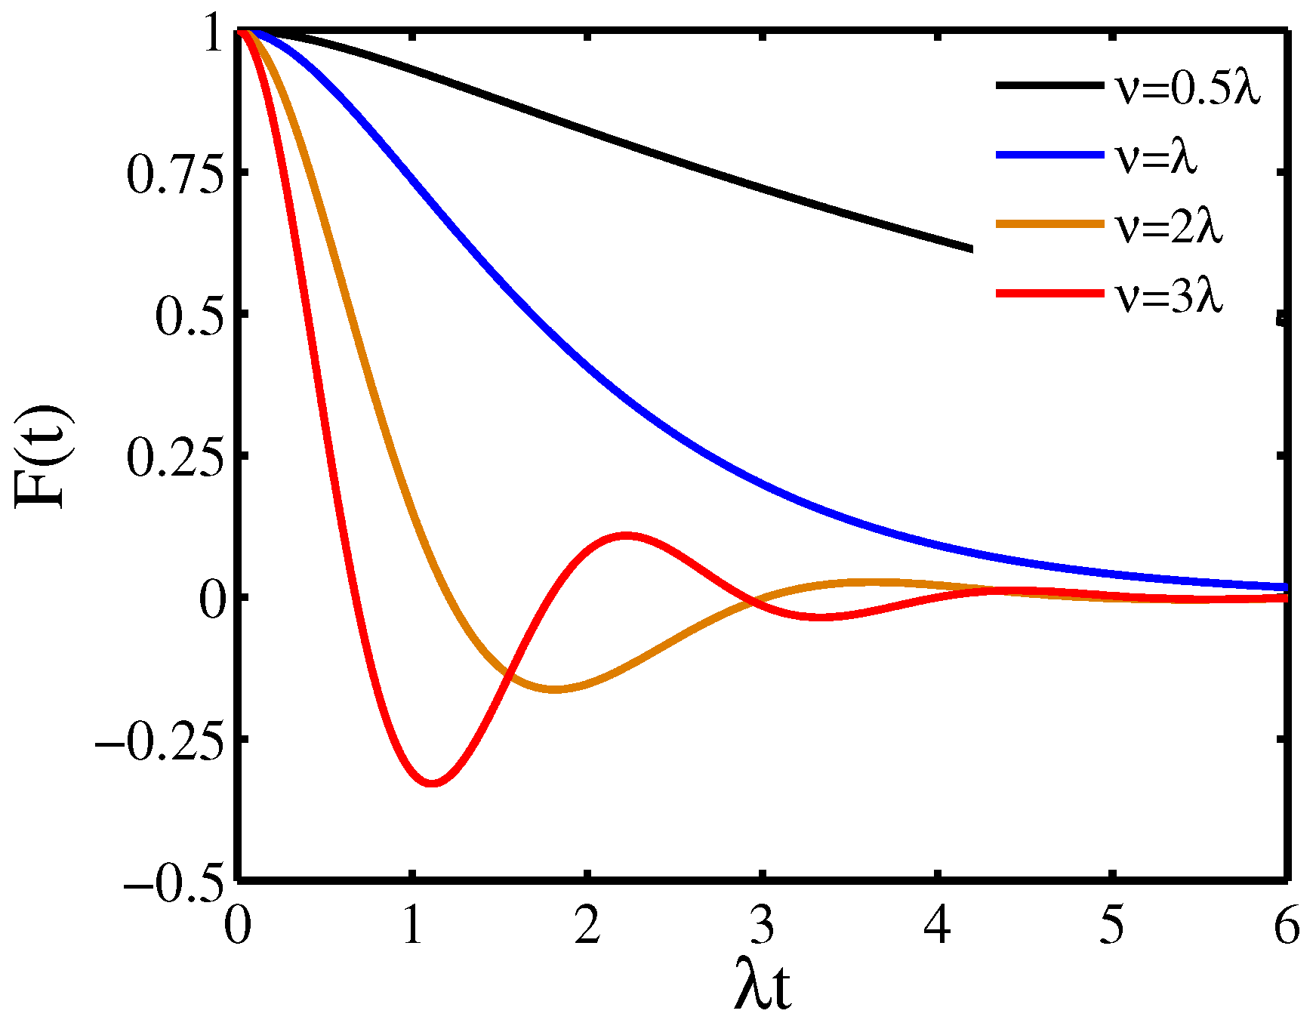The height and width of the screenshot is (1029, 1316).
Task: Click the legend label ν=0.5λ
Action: coord(1188,90)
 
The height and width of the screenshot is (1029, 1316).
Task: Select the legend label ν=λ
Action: coord(1156,158)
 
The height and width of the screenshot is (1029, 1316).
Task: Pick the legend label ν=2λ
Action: coord(1169,226)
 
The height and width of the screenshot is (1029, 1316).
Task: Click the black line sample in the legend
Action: coord(1049,85)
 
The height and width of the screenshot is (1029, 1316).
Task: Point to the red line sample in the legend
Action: coord(1049,293)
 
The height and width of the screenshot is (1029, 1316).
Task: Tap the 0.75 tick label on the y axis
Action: coord(176,175)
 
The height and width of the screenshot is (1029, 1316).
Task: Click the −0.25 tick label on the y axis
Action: coord(160,743)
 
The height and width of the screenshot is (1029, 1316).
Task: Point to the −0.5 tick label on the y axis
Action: coord(174,882)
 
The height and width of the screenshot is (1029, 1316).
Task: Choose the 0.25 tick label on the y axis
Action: coord(176,459)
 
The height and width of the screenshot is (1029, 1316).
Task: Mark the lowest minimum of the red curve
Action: coord(432,783)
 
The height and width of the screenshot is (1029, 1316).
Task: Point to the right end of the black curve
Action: coord(971,249)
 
